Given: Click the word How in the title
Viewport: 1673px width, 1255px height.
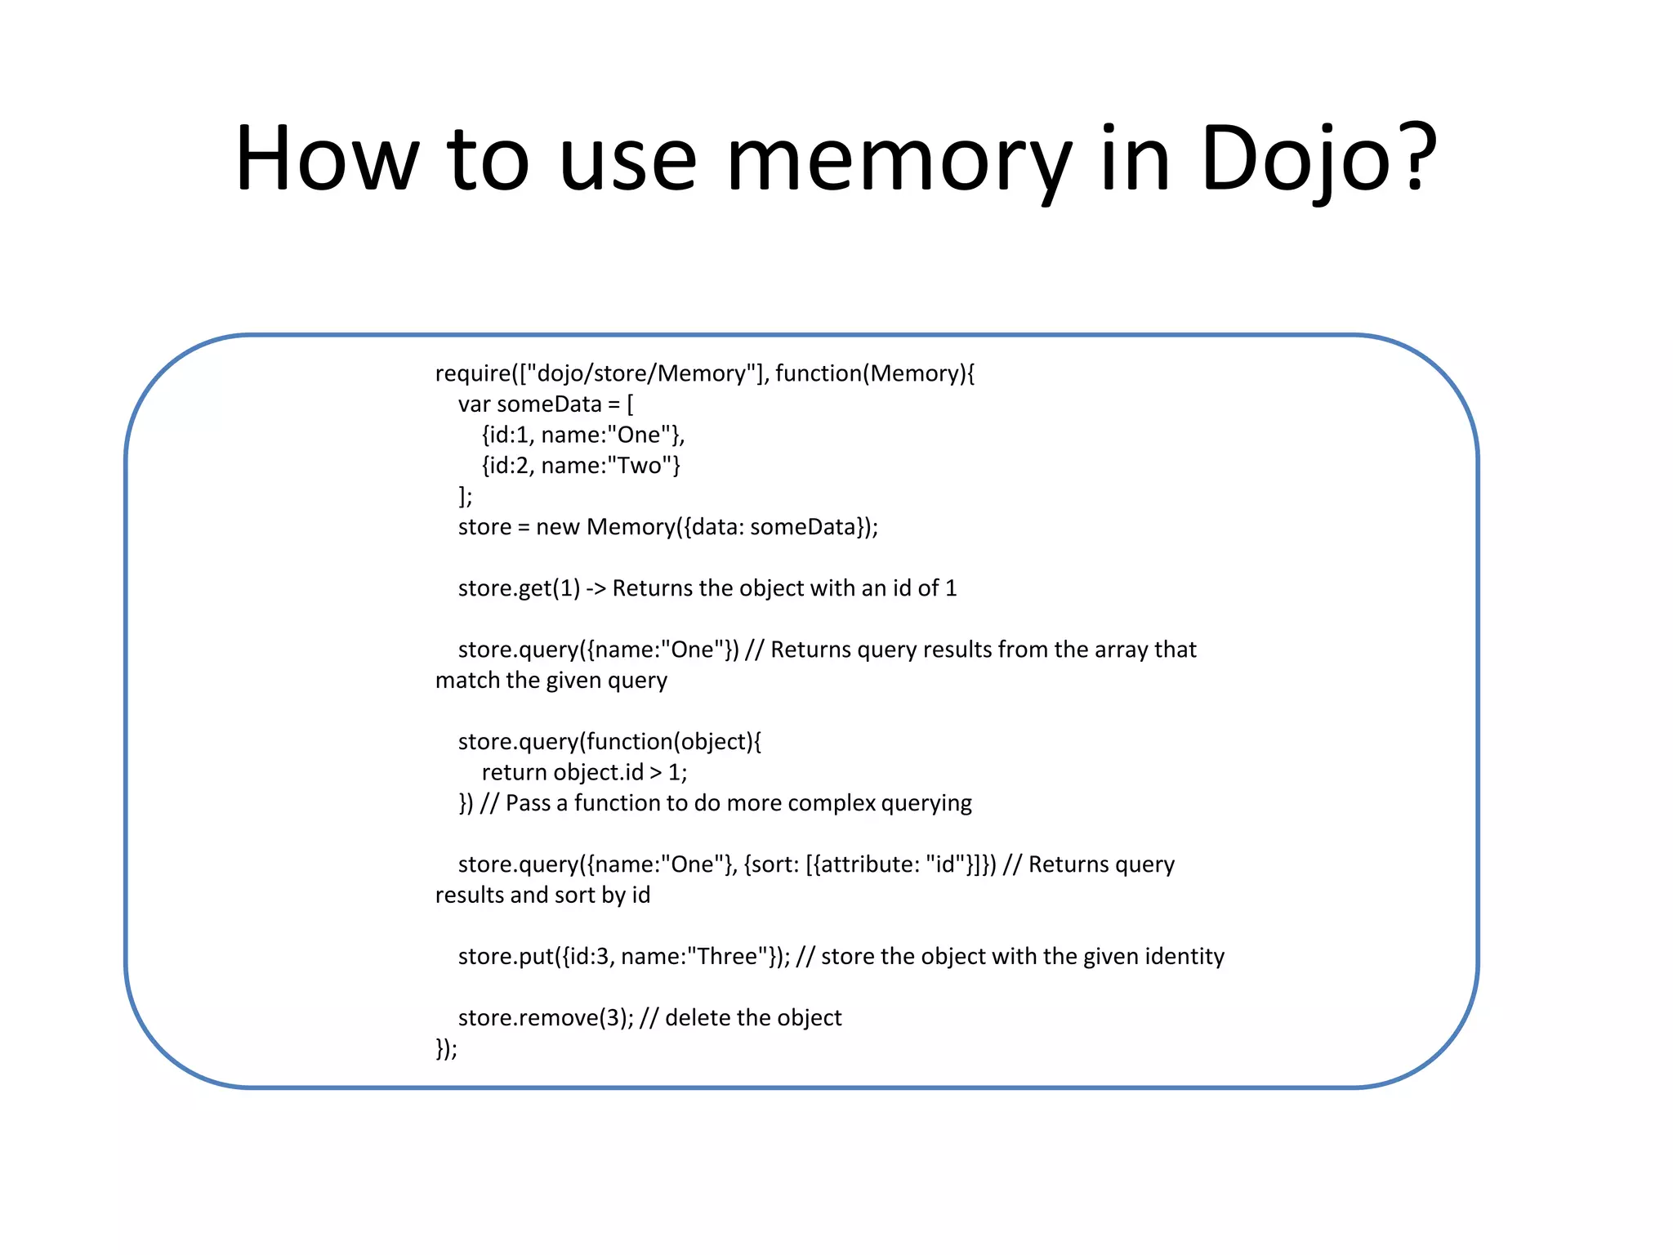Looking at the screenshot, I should click(327, 159).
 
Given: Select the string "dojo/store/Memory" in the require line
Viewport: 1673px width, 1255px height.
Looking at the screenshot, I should click(641, 373).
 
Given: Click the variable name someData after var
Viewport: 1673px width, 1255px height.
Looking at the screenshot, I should click(549, 404).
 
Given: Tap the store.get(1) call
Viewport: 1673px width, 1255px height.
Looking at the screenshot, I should click(519, 588).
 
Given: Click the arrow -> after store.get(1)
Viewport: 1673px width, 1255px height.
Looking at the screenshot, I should click(596, 588).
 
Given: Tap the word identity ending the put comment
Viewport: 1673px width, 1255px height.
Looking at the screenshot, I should click(1184, 956).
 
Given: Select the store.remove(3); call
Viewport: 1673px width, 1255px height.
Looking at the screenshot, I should click(546, 1018).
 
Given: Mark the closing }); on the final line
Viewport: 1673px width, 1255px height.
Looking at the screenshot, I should click(446, 1048).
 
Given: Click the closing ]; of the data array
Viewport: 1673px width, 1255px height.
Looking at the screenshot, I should click(465, 497).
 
